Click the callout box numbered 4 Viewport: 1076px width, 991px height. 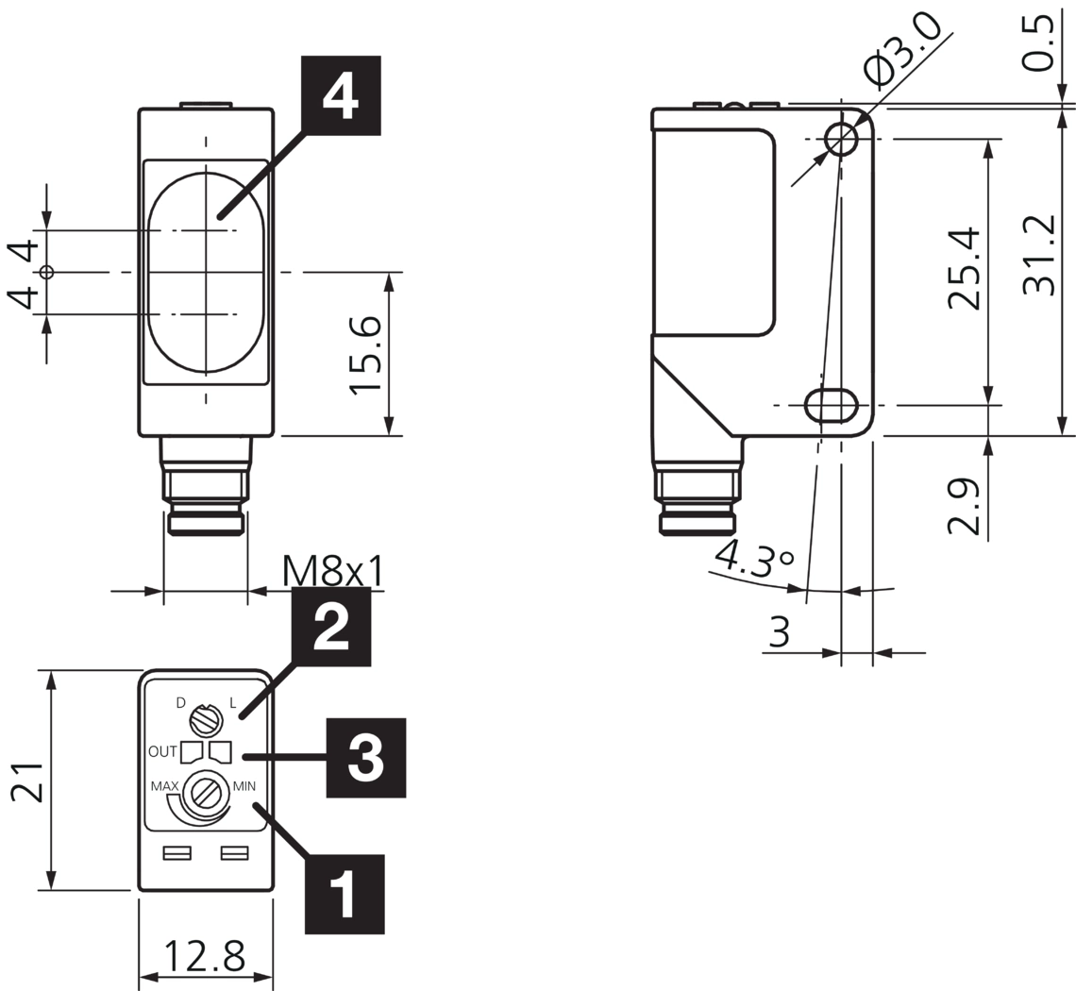tap(341, 95)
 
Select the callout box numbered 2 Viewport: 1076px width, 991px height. tap(330, 626)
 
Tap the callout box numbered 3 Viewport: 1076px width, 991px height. tap(366, 757)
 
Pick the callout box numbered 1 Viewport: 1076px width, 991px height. tap(345, 894)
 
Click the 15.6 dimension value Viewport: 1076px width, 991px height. tap(367, 355)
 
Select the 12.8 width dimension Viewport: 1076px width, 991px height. tap(205, 956)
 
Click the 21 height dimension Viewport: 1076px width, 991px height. tap(27, 781)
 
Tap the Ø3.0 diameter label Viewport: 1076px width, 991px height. tap(903, 48)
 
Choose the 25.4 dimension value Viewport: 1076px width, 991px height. tap(965, 270)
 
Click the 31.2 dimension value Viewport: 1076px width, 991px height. tap(1039, 256)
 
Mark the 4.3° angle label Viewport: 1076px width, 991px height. tap(754, 560)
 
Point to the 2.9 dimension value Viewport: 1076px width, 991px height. tap(965, 507)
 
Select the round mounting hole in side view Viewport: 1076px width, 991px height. tap(841, 140)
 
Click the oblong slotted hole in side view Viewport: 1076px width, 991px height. tap(831, 405)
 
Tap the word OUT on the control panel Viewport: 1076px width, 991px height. tap(162, 752)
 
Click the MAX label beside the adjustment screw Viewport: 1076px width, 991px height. tap(165, 786)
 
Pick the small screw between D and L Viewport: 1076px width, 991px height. tap(205, 721)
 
